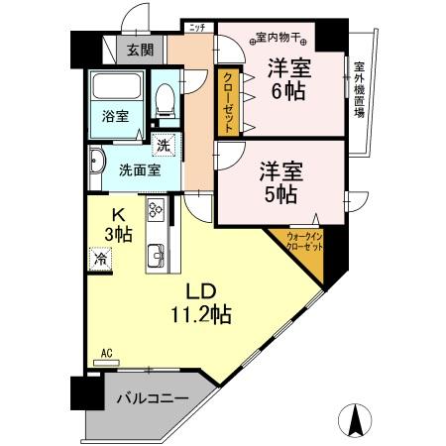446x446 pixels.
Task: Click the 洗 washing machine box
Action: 164,147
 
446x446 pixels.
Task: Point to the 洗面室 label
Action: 137,168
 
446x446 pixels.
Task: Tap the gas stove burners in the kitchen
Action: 157,210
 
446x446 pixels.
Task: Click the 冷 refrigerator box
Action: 100,259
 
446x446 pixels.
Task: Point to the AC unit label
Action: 106,353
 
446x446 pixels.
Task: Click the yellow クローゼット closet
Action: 227,101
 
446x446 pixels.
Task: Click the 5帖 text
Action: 280,194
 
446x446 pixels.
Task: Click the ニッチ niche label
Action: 194,28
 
